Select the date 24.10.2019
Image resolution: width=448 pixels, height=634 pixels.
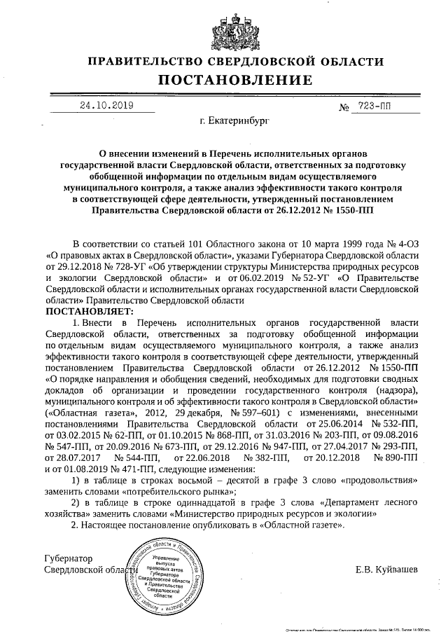106,106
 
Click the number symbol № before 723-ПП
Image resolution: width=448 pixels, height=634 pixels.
344,108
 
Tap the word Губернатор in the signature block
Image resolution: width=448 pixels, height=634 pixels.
68,558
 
